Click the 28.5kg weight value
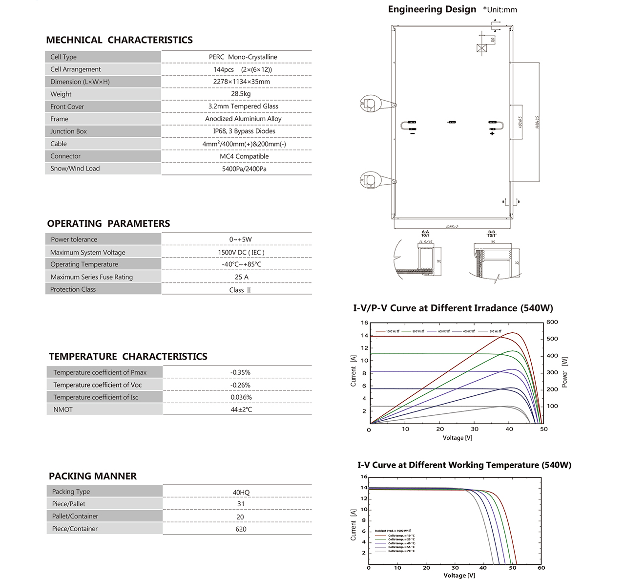241,94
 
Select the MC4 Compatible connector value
244,156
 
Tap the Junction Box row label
68,131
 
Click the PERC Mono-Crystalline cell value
243,57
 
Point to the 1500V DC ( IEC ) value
241,253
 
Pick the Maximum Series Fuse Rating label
92,277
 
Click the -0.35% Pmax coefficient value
240,372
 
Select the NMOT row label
63,409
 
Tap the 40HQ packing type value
241,493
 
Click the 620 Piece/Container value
241,529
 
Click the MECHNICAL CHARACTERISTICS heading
119,40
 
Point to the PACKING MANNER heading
93,476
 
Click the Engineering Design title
432,9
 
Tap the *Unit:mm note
500,10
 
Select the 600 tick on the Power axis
552,322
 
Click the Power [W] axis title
564,372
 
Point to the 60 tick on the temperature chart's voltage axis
541,568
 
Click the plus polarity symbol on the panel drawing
492,133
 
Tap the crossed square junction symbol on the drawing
482,48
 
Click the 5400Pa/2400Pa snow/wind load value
244,169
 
